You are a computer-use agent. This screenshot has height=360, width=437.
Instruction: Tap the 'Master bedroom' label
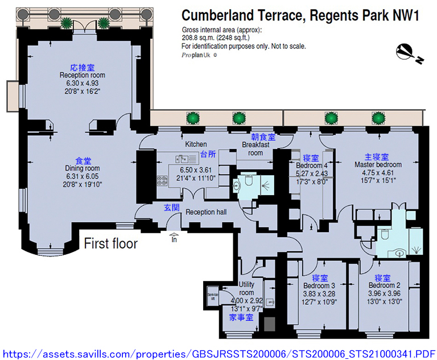click(378, 165)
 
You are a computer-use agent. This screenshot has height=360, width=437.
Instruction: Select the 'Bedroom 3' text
click(319, 285)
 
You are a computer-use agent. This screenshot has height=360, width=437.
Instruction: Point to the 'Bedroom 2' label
click(384, 285)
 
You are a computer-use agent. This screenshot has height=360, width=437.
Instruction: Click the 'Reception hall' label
click(206, 212)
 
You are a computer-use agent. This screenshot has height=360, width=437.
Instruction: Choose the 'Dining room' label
click(82, 168)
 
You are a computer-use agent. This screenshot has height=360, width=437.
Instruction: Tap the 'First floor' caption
click(110, 243)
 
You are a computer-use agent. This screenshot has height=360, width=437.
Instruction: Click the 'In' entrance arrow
click(174, 237)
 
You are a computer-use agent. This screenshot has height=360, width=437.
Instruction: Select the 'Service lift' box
click(213, 296)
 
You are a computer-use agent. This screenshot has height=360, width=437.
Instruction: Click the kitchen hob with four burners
click(162, 181)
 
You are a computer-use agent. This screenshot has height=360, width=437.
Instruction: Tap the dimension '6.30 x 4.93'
click(82, 83)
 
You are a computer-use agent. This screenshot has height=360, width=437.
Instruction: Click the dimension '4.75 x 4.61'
click(378, 172)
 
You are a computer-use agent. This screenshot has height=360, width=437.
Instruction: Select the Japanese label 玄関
click(171, 208)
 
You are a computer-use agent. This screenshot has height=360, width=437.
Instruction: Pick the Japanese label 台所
click(208, 154)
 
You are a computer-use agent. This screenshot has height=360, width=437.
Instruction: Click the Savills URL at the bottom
click(218, 354)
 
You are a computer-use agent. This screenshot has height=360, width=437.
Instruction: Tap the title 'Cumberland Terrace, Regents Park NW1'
click(300, 15)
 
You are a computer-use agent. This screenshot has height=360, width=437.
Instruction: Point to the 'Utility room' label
click(246, 288)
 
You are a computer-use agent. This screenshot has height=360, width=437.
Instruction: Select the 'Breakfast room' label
click(255, 149)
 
